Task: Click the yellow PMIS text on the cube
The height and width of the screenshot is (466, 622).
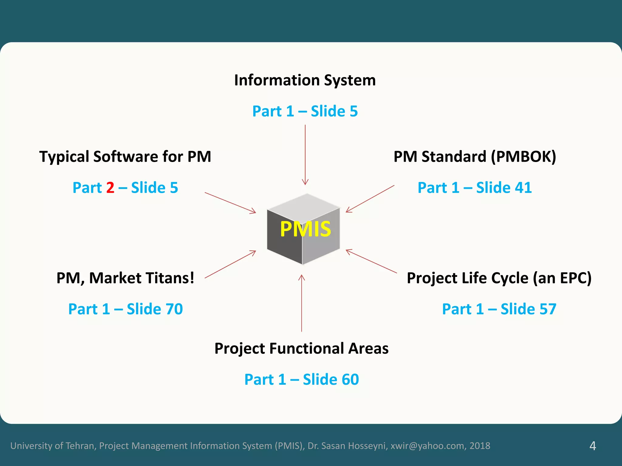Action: (x=305, y=229)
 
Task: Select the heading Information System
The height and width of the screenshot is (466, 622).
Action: (x=305, y=80)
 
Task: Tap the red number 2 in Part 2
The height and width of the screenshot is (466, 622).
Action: (x=110, y=188)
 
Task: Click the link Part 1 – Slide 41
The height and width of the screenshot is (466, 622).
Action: (x=474, y=188)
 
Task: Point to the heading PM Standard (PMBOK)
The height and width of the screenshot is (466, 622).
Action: (x=474, y=157)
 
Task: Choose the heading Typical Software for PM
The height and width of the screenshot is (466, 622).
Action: (x=125, y=157)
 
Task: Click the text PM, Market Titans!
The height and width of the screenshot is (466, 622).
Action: (x=125, y=278)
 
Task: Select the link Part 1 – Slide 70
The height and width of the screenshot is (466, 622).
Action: (x=125, y=309)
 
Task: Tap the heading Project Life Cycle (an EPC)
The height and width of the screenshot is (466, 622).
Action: (x=499, y=278)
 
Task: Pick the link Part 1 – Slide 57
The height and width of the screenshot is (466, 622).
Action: (x=499, y=309)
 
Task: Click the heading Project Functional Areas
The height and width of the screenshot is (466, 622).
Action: (x=301, y=348)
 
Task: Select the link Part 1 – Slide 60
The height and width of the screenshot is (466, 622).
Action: (x=302, y=380)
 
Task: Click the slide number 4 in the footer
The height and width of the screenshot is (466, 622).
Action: (x=593, y=446)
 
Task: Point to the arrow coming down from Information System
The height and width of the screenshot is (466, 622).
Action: (x=305, y=155)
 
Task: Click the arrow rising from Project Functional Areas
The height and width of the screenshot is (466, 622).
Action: (x=302, y=303)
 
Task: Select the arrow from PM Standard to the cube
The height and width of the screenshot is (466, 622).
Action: (x=370, y=199)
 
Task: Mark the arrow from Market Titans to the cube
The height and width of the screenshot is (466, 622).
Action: (x=230, y=264)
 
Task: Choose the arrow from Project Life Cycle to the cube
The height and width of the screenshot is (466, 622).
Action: (x=371, y=261)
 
